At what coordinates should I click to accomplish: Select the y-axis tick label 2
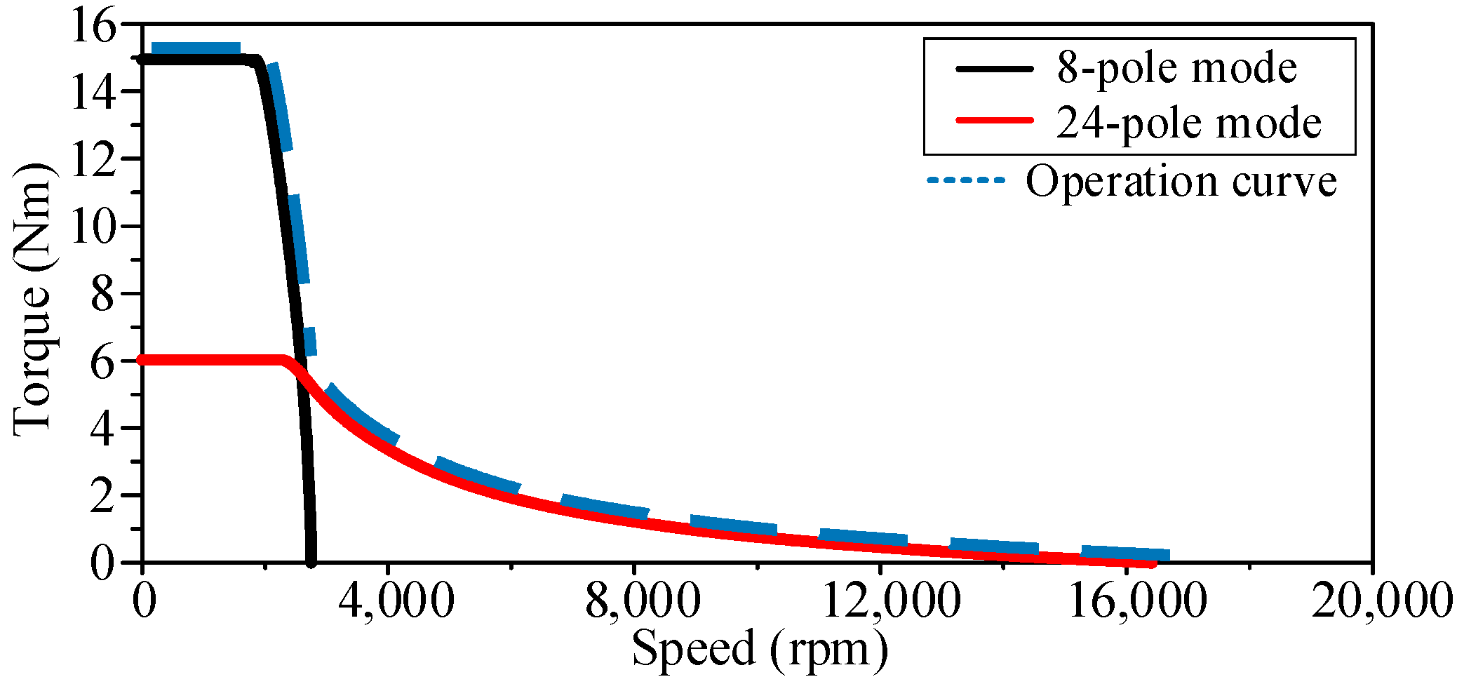(102, 497)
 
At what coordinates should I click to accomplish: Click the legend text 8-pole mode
(1176, 68)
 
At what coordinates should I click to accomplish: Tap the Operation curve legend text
(1181, 181)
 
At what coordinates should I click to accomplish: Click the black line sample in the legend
(994, 69)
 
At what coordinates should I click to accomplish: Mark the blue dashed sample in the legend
(966, 180)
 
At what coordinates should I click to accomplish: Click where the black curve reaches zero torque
(311, 561)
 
